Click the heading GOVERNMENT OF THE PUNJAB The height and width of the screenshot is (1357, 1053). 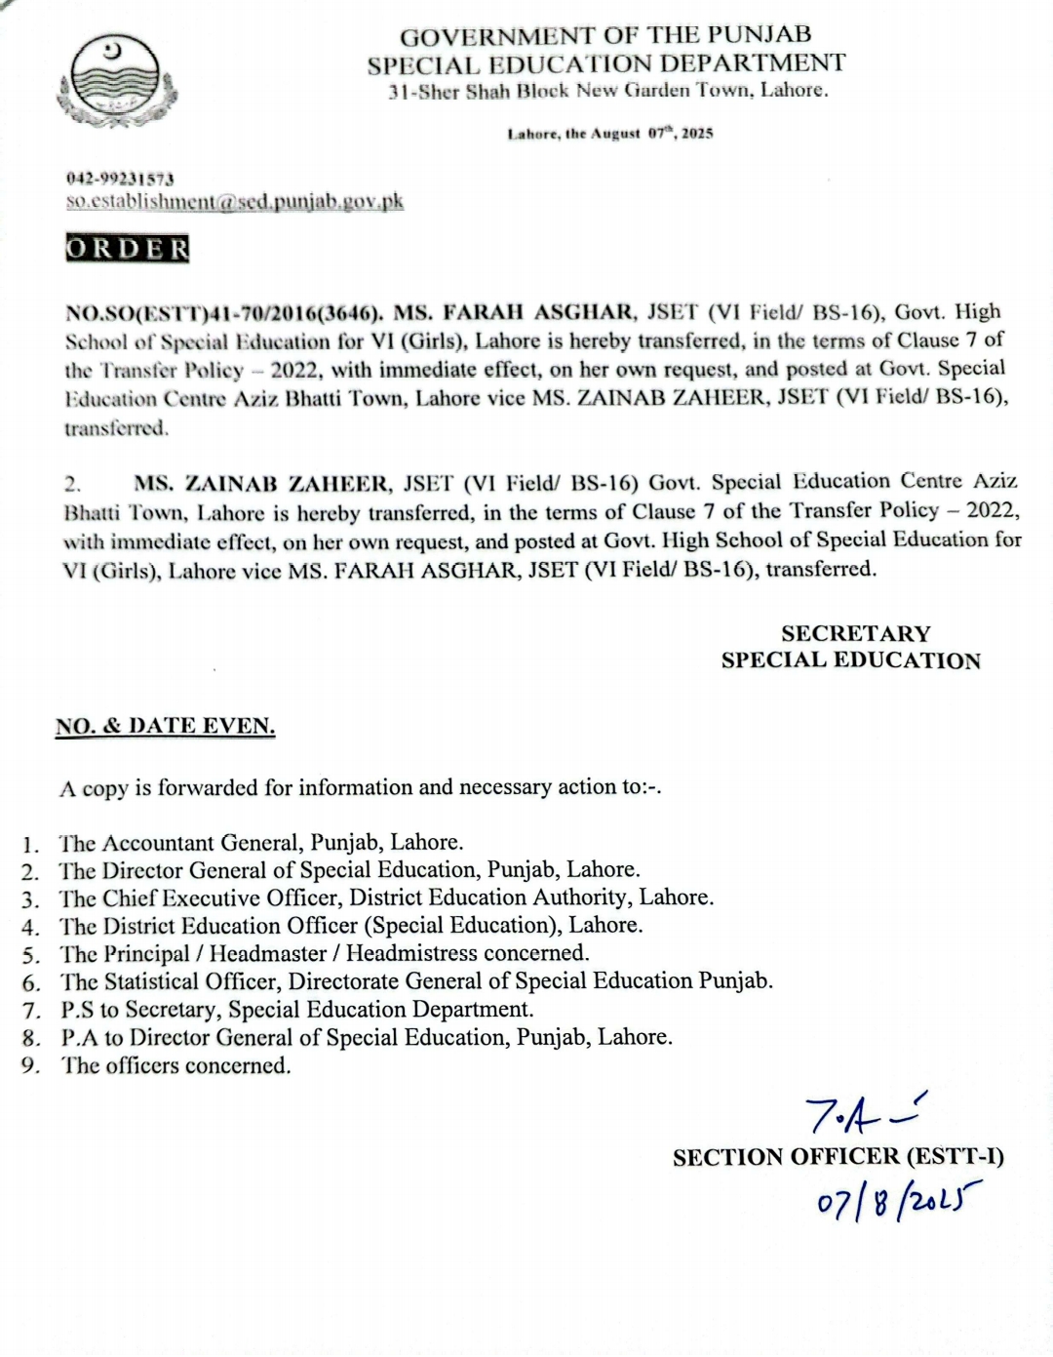(x=605, y=36)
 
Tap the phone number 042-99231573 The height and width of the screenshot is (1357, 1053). (x=120, y=180)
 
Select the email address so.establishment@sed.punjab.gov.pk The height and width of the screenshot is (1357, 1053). (x=234, y=202)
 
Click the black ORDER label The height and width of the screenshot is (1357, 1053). (x=127, y=249)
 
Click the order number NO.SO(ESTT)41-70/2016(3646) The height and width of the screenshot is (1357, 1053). (x=223, y=313)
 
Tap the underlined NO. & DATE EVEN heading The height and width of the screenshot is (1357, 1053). (x=165, y=726)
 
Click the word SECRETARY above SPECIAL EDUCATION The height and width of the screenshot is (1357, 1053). (x=855, y=633)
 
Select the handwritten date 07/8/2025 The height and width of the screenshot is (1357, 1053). (x=898, y=1198)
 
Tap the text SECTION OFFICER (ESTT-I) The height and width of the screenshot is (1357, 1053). (x=838, y=1157)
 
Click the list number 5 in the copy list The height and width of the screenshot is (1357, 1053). (x=30, y=954)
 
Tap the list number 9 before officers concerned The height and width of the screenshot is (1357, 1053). (x=30, y=1065)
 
